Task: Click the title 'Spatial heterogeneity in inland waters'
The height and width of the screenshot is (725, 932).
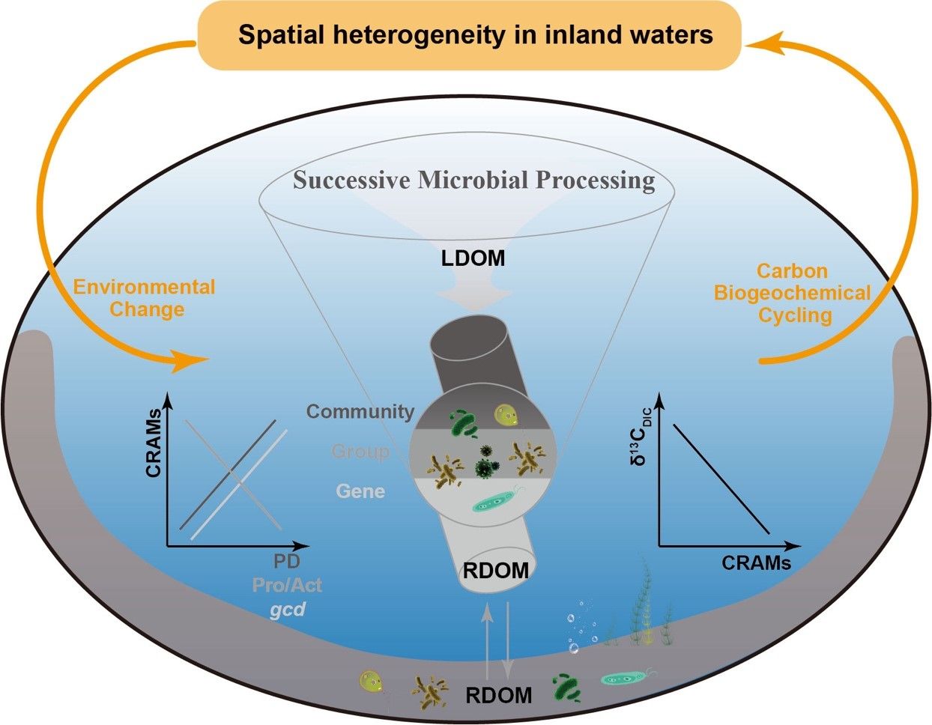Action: [x=475, y=35]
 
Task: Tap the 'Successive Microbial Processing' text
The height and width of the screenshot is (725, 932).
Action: [x=473, y=181]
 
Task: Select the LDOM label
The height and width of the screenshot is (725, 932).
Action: [x=472, y=259]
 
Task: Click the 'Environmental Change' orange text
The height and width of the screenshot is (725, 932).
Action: [x=144, y=297]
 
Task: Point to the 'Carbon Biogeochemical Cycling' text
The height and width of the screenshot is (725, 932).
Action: [x=793, y=293]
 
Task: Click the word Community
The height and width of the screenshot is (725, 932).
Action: [x=360, y=411]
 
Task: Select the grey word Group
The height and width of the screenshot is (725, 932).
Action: [x=360, y=452]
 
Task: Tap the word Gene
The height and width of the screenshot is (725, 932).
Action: [x=360, y=491]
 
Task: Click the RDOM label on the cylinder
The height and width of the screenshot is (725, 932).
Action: [x=496, y=570]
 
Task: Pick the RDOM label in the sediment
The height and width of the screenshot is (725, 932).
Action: [x=498, y=694]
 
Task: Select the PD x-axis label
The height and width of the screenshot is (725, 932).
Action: [x=287, y=563]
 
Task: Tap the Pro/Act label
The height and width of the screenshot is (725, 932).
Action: [x=287, y=585]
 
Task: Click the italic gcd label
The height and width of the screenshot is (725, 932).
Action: [x=288, y=609]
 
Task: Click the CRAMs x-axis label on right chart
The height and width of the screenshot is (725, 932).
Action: [x=756, y=562]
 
